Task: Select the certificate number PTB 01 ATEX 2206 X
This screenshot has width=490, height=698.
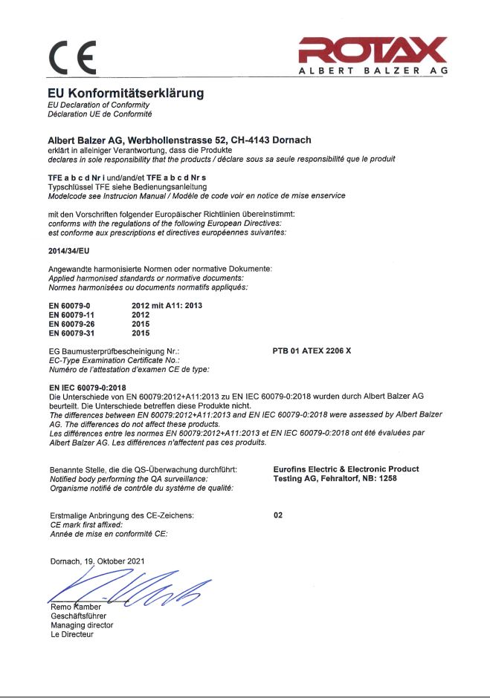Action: click(x=317, y=349)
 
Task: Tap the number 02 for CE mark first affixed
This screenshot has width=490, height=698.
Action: click(x=278, y=515)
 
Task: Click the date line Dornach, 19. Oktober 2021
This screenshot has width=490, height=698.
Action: click(x=97, y=561)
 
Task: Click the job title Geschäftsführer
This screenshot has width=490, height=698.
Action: click(x=78, y=616)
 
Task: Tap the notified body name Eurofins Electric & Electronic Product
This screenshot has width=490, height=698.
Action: click(x=346, y=469)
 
